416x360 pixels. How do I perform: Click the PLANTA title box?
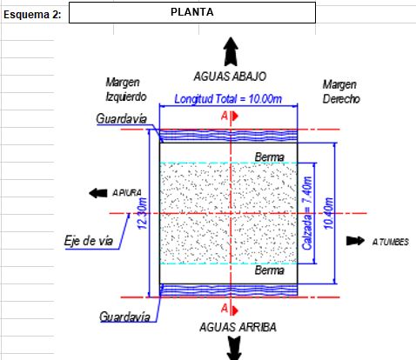[192, 12]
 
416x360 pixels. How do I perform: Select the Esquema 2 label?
[32, 15]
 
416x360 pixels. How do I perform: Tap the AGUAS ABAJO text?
[230, 77]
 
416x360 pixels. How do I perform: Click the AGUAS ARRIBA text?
[238, 327]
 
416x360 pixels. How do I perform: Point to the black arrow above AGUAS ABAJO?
[231, 51]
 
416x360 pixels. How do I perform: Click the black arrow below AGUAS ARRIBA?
[234, 348]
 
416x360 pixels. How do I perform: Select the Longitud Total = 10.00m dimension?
[228, 99]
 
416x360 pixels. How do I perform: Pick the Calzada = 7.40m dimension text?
[306, 213]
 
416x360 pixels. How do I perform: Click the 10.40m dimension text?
[328, 213]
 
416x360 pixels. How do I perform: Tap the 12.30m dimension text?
[143, 213]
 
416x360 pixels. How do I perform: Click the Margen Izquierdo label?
[126, 90]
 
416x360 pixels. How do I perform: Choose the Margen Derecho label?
[341, 92]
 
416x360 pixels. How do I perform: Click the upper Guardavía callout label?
[121, 119]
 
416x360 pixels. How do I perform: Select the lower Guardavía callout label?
[124, 317]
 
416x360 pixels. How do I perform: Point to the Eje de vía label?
[89, 241]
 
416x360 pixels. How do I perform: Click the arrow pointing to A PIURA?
[97, 193]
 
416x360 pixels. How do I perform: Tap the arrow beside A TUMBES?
[355, 241]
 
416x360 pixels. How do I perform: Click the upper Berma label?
[270, 157]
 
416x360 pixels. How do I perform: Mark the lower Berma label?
[270, 270]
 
